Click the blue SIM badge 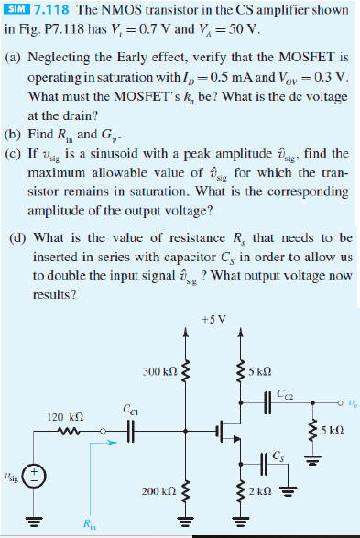pos(16,8)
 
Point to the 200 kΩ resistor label pos(159,492)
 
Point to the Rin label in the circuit pos(90,525)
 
